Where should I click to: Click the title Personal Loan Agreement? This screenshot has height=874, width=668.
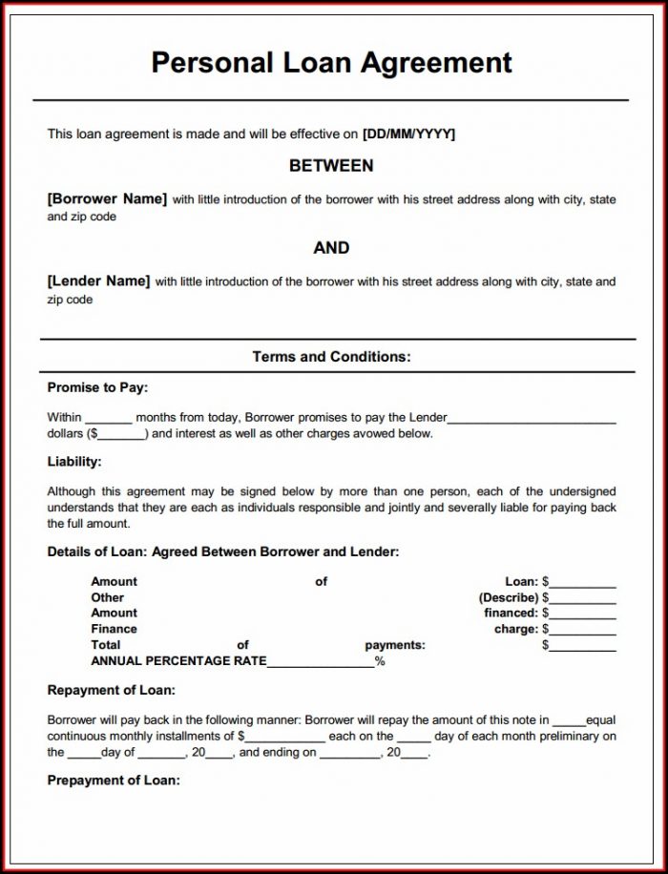pyautogui.click(x=332, y=63)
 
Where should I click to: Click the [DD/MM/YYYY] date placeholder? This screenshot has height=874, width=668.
pyautogui.click(x=408, y=135)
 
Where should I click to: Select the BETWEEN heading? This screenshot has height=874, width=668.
pyautogui.click(x=331, y=166)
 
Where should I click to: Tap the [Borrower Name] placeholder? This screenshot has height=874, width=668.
pyautogui.click(x=107, y=199)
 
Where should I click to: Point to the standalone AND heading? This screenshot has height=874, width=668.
pyautogui.click(x=331, y=248)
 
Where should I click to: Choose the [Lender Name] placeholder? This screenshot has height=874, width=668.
pyautogui.click(x=98, y=281)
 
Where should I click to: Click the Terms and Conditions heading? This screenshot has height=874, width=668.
pyautogui.click(x=331, y=357)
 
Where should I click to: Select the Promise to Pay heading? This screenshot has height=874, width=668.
pyautogui.click(x=97, y=387)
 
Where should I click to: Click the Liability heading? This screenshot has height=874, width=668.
pyautogui.click(x=74, y=462)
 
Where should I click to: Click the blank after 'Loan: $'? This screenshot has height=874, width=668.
pyautogui.click(x=583, y=583)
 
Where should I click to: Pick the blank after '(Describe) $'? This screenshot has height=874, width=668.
pyautogui.click(x=583, y=599)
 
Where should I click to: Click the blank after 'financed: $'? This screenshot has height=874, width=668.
pyautogui.click(x=583, y=614)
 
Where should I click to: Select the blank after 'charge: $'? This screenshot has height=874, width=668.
pyautogui.click(x=583, y=631)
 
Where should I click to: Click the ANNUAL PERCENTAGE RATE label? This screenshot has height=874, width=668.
pyautogui.click(x=178, y=661)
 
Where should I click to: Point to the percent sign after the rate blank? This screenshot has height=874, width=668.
pyautogui.click(x=380, y=661)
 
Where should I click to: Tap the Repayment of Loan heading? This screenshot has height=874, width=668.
pyautogui.click(x=111, y=690)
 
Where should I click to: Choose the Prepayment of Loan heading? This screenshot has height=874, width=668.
pyautogui.click(x=114, y=780)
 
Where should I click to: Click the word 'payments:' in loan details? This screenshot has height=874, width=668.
pyautogui.click(x=395, y=646)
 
